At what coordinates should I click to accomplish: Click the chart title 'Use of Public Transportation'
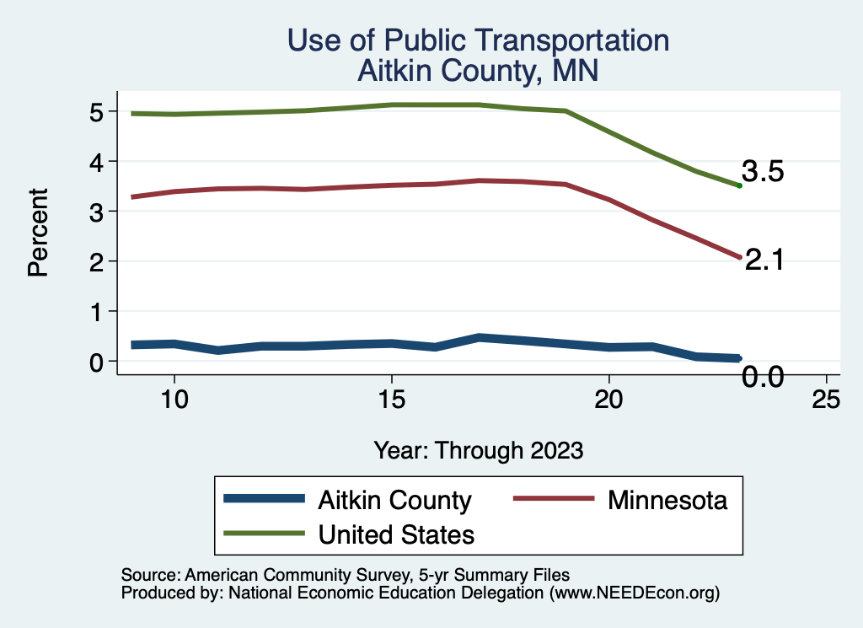(x=478, y=40)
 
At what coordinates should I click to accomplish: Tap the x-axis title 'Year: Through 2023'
(x=478, y=450)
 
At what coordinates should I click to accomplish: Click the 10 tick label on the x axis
(x=174, y=400)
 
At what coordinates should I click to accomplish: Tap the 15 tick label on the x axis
(x=391, y=400)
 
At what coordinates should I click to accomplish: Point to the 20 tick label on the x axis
(x=608, y=400)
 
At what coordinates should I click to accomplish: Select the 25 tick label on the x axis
(x=826, y=400)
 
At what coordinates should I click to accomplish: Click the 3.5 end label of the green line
(x=763, y=172)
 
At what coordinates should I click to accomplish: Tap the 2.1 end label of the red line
(x=765, y=260)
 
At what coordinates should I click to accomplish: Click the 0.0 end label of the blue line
(x=763, y=377)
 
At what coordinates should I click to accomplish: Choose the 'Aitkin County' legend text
(x=394, y=500)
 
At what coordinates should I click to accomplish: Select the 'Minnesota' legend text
(x=667, y=500)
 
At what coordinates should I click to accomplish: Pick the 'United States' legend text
(x=396, y=534)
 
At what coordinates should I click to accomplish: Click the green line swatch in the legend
(x=264, y=534)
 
